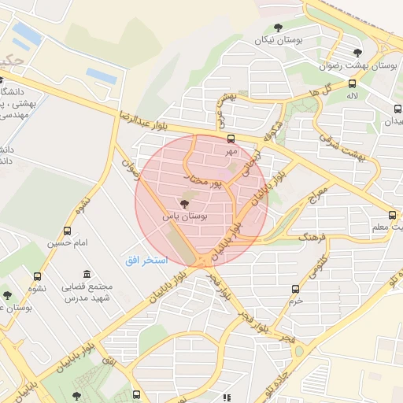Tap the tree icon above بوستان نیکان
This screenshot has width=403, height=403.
(278, 27)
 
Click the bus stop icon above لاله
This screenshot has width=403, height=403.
(351, 84)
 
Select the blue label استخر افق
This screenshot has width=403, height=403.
(143, 260)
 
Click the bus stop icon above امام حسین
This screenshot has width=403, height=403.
(67, 231)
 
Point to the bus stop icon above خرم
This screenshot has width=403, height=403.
(295, 289)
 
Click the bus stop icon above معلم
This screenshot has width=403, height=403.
(392, 215)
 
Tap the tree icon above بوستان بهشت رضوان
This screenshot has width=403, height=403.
(336, 53)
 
